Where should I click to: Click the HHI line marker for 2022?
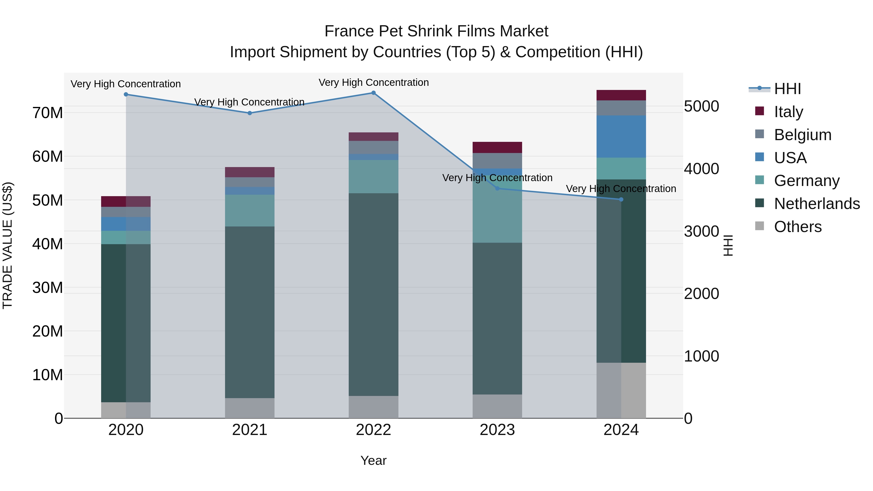pyautogui.click(x=373, y=93)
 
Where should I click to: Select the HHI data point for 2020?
pyautogui.click(x=126, y=95)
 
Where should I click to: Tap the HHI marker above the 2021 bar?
pyautogui.click(x=250, y=113)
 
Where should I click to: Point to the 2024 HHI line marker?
pyautogui.click(x=621, y=200)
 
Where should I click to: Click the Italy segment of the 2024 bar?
pyautogui.click(x=621, y=95)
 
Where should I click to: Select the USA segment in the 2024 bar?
pyautogui.click(x=621, y=137)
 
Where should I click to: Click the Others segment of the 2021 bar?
pyautogui.click(x=250, y=408)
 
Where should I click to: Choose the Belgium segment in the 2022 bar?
pyautogui.click(x=373, y=147)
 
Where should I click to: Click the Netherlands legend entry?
pyautogui.click(x=817, y=204)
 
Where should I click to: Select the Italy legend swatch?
pyautogui.click(x=760, y=111)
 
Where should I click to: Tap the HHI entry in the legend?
pyautogui.click(x=787, y=89)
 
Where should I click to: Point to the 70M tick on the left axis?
pyautogui.click(x=48, y=113)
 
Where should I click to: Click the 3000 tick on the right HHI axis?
pyautogui.click(x=701, y=232)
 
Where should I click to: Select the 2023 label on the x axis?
pyautogui.click(x=497, y=430)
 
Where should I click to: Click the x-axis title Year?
pyautogui.click(x=373, y=460)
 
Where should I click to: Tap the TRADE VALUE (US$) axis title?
pyautogui.click(x=8, y=245)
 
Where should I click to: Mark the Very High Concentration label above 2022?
pyautogui.click(x=373, y=83)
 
